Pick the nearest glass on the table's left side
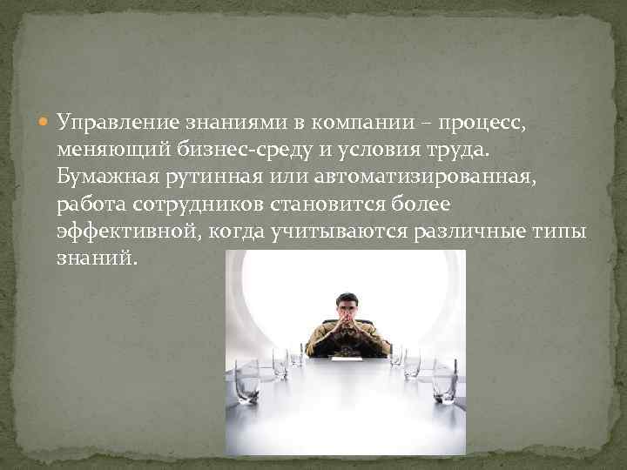[x=246, y=387]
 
